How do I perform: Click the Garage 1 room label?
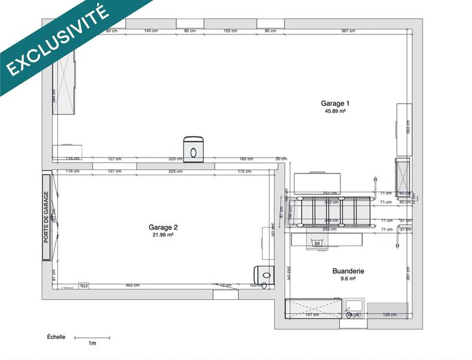[335, 103]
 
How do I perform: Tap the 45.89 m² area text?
[335, 111]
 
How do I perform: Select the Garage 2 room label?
[163, 227]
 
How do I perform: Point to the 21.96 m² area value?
[163, 235]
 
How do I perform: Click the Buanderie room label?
[348, 271]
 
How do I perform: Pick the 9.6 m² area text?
[348, 279]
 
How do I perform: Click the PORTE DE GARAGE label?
[46, 217]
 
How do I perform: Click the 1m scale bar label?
[92, 343]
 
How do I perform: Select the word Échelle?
[57, 337]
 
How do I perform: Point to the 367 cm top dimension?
[348, 31]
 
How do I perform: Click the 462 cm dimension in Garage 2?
[133, 286]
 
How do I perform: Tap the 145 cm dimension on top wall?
[150, 31]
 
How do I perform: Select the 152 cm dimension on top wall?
[230, 31]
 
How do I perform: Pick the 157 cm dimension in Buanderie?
[312, 315]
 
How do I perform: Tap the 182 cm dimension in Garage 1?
[246, 159]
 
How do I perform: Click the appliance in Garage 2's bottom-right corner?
[264, 274]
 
